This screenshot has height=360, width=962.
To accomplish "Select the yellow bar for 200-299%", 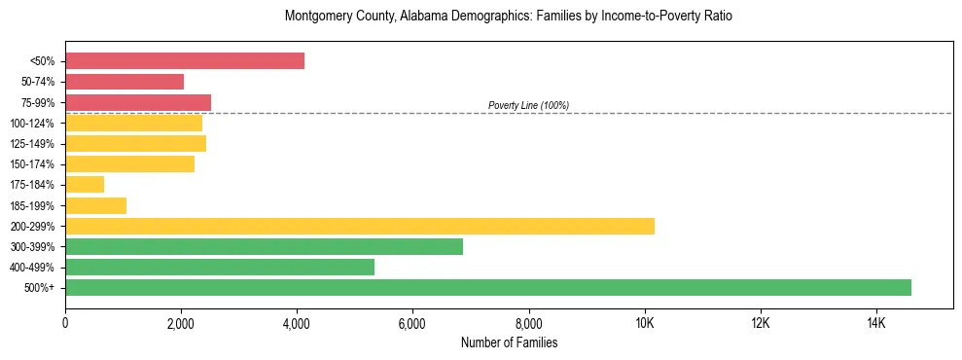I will pos(360,226).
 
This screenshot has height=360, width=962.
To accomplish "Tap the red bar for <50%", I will pos(185,61).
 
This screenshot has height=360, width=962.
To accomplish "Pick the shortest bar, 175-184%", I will pos(85,184).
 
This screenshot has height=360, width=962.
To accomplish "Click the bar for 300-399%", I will pos(264,246).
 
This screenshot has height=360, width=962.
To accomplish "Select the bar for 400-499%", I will pos(220,267).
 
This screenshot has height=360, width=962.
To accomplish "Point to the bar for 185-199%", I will pos(95,205).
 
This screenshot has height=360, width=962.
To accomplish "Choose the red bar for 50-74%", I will pos(125,82).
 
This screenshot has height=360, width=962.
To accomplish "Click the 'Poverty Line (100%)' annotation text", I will pos(528,105).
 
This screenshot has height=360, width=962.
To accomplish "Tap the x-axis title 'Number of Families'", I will pos(509,342).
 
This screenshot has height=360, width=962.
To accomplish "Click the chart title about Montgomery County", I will pos(509,17).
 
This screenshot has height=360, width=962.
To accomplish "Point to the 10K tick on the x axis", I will pos(644,323).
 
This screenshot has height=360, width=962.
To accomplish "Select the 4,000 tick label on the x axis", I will pos(297,323).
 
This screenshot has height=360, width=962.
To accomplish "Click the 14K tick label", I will pos(875,323).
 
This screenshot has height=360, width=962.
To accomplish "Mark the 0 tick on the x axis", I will pos(65,323).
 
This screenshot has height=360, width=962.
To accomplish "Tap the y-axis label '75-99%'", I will pos(38,103).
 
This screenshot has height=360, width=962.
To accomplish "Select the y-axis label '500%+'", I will pos(40,288).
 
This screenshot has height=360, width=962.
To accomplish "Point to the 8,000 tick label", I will pos(528,323).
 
